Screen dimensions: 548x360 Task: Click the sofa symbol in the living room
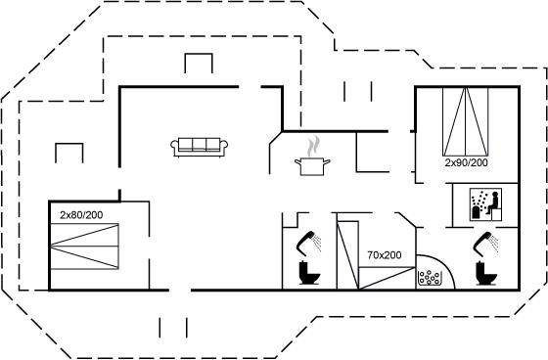[x=200, y=147]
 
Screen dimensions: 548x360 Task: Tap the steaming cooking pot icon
[x=312, y=157]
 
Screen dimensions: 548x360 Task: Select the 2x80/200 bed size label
[x=81, y=215]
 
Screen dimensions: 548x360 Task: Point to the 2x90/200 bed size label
[x=466, y=162]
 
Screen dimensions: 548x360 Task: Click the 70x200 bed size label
[x=384, y=255]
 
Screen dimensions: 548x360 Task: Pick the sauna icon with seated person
[x=485, y=204]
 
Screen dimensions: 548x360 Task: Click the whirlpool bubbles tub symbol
[x=430, y=278]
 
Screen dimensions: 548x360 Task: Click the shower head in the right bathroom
[x=485, y=243]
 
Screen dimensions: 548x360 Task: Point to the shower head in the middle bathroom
[x=309, y=242]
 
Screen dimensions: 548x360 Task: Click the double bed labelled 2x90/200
[x=465, y=121]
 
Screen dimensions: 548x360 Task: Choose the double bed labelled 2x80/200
[x=84, y=247]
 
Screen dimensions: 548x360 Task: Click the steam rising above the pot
[x=313, y=147]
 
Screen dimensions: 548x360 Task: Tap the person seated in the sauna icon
[x=493, y=202]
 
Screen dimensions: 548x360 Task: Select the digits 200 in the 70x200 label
[x=392, y=255]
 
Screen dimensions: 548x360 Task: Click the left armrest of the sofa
[x=174, y=147]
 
